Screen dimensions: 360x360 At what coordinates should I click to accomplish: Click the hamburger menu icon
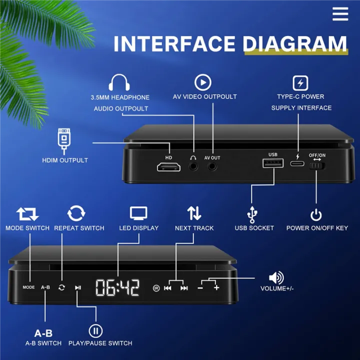click(x=340, y=14)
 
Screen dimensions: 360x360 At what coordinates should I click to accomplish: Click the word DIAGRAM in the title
click(x=295, y=44)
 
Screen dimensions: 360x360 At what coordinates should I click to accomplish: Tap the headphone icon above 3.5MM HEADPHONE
click(x=119, y=83)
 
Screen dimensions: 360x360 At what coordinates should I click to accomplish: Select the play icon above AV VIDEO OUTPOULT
click(x=203, y=82)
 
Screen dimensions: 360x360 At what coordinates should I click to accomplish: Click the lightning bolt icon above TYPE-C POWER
click(x=300, y=82)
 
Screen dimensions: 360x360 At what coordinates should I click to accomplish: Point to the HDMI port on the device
click(x=169, y=167)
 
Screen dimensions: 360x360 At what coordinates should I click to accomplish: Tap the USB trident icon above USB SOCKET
click(x=253, y=214)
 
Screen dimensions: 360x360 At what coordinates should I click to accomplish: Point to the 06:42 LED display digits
click(x=117, y=287)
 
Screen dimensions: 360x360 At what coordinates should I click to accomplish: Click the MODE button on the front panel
click(x=28, y=287)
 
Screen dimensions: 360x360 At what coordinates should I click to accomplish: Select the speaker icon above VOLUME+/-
click(x=276, y=277)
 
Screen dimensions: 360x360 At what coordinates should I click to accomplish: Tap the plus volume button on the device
click(x=216, y=288)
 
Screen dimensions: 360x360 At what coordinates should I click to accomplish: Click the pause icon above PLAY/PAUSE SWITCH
click(x=95, y=330)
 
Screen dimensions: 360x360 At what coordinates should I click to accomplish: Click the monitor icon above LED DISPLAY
click(x=138, y=213)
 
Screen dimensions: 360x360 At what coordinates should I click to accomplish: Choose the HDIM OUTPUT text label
click(x=65, y=160)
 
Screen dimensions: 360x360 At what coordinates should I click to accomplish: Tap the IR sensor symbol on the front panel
click(x=156, y=288)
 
